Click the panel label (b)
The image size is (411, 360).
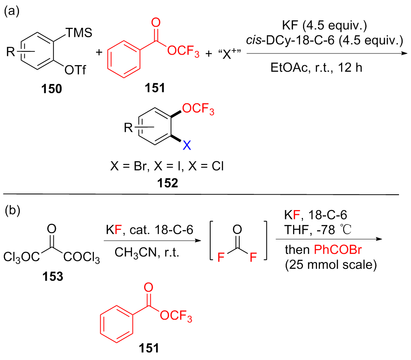coord(11,211)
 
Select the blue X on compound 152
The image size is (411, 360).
coord(187,145)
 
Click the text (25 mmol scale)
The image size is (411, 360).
coord(331,265)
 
